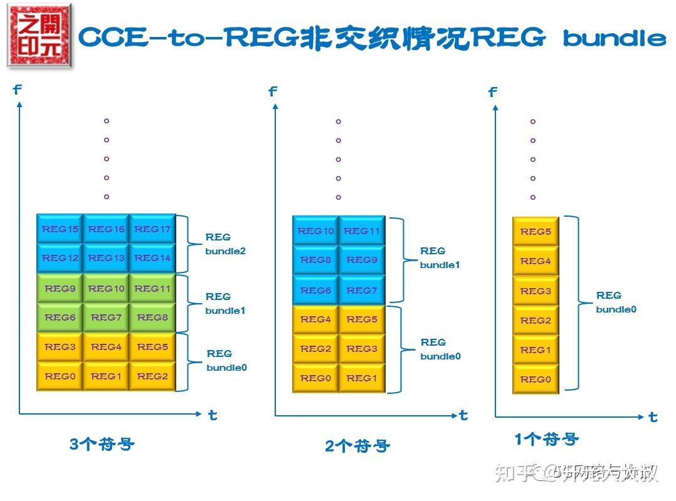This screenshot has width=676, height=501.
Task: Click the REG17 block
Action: coord(152,229)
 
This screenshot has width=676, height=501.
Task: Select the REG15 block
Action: coord(60,229)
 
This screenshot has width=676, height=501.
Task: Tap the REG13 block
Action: coord(106,258)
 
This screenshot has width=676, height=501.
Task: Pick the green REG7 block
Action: coord(106,318)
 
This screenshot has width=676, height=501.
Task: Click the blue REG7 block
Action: coord(362,291)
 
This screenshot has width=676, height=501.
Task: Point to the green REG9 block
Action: coord(60,289)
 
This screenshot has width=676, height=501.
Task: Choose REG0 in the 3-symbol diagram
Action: coord(60,376)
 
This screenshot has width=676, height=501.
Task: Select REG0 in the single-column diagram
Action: coord(536,380)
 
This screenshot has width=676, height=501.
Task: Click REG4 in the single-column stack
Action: coord(536,261)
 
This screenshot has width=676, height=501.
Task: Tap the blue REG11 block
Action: coord(362,231)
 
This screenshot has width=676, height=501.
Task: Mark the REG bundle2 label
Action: coord(225,244)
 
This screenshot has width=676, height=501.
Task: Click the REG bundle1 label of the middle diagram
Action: coord(440,257)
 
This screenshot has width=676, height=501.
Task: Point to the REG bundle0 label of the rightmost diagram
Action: coord(616,302)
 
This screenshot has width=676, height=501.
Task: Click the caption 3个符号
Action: coord(102,445)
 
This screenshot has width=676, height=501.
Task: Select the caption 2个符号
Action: coord(357,446)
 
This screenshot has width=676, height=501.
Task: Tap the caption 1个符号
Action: coord(546,440)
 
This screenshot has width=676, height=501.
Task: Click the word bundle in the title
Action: coord(614,39)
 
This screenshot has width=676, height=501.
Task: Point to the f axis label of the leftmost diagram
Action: coord(17,90)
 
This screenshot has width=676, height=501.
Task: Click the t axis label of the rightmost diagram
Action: coord(653,417)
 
